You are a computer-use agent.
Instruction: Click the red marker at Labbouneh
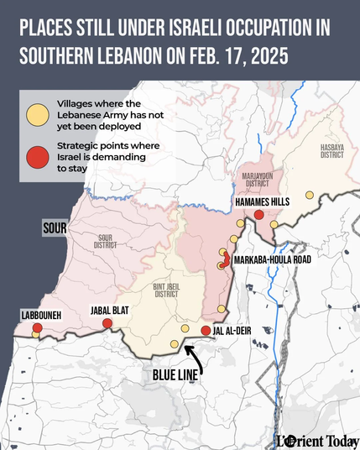click(x=37, y=327)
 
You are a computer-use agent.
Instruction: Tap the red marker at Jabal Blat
click(x=107, y=324)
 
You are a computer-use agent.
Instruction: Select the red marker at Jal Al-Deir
click(x=206, y=330)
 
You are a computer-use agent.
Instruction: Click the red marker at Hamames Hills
click(x=259, y=215)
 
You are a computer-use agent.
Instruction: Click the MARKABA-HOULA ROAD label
click(x=273, y=260)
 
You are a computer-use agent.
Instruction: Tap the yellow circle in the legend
click(x=37, y=114)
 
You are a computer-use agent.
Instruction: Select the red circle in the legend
click(x=37, y=156)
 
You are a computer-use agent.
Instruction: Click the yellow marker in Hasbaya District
click(x=309, y=195)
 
